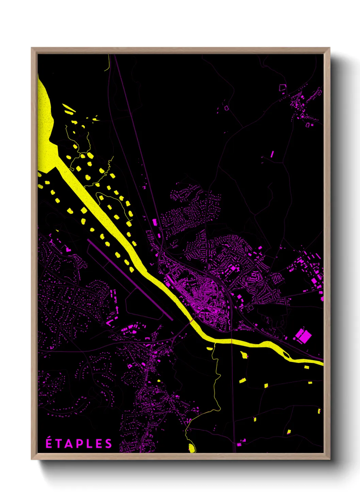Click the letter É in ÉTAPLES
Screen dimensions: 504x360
coord(49,443)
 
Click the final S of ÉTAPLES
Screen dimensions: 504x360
coord(108,444)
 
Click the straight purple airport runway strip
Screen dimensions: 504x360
coord(130,280)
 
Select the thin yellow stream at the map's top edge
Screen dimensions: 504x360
coord(109,63)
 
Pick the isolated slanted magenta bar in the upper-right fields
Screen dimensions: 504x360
coord(272,154)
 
